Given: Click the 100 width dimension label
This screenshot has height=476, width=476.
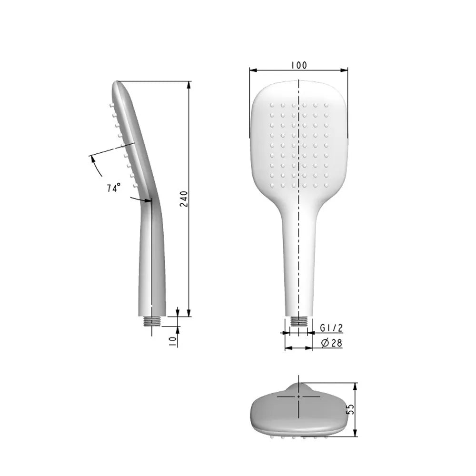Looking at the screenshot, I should (298, 65).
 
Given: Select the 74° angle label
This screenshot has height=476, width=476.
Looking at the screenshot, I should (113, 188).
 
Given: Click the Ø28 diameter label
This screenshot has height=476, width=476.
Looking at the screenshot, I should (332, 343).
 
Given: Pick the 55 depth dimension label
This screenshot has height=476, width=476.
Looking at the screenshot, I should (351, 410).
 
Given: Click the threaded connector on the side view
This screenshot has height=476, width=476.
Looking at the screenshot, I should (152, 321).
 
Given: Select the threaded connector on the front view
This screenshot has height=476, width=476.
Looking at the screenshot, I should (298, 321).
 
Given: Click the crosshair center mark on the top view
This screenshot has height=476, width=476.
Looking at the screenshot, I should (298, 396).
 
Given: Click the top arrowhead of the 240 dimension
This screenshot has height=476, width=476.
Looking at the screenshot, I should (189, 85).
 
